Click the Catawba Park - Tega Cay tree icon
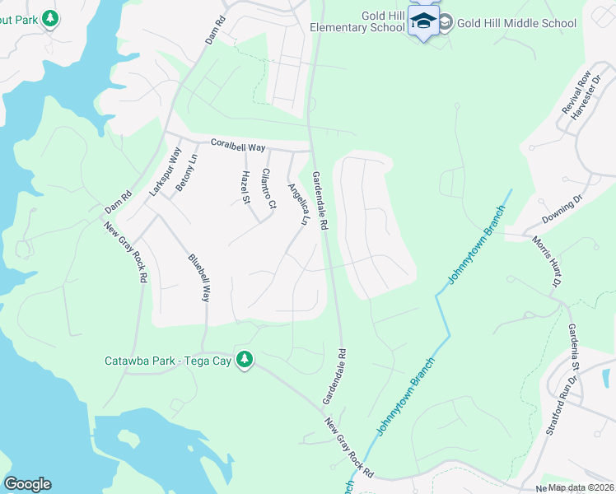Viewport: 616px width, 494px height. pos(244,361)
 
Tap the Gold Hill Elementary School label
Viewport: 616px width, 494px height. pos(357,21)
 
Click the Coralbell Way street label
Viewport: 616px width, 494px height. pos(238,146)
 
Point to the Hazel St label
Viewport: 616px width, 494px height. pos(245,187)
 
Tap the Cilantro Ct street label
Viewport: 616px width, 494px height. pos(265,189)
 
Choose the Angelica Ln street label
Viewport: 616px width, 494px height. pos(296,204)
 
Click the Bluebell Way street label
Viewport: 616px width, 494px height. pos(199,277)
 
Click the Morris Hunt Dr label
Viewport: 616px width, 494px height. pos(546,261)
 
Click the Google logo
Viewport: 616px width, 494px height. pos(27,484)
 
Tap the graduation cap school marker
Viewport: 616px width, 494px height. pos(423,21)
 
